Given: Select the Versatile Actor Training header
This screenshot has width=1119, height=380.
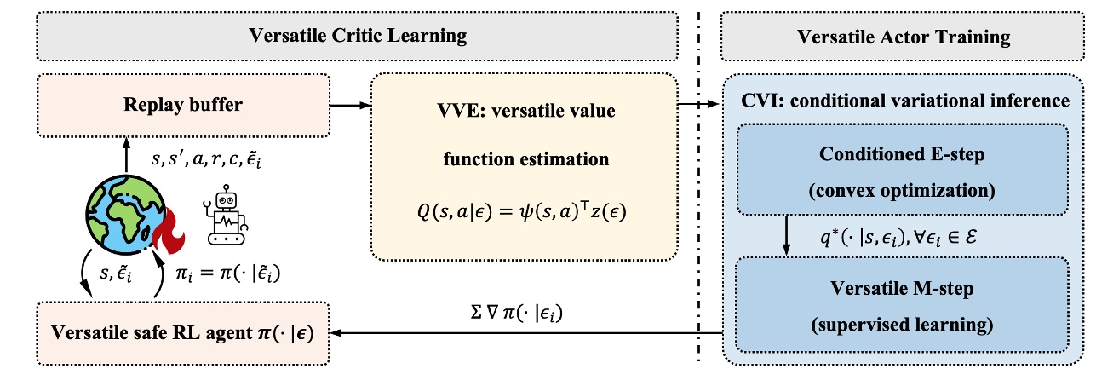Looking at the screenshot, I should pyautogui.click(x=904, y=37).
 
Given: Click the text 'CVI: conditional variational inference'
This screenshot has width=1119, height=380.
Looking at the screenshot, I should pyautogui.click(x=904, y=101).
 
